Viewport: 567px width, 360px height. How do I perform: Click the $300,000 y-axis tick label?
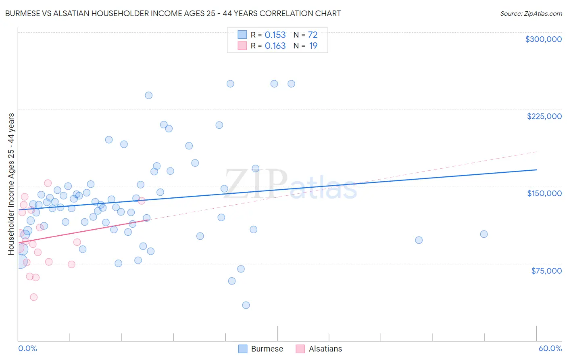click(x=543, y=39)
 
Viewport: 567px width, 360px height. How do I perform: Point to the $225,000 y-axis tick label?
click(x=544, y=116)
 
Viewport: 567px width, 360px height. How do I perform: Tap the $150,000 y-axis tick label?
click(x=544, y=193)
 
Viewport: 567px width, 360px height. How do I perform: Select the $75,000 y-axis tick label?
click(x=546, y=271)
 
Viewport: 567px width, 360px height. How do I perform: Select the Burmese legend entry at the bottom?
click(x=267, y=349)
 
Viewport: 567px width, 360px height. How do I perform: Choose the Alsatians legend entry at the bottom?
click(x=325, y=349)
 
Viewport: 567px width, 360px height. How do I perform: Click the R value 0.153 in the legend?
click(x=275, y=35)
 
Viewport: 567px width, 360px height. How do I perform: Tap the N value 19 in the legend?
click(x=313, y=46)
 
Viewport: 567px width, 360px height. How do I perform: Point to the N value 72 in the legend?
click(x=313, y=35)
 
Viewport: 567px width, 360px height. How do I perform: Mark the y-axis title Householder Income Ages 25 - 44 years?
click(x=11, y=184)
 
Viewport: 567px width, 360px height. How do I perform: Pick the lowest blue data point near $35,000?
click(x=246, y=305)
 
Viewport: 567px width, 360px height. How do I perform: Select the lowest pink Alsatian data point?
click(x=34, y=297)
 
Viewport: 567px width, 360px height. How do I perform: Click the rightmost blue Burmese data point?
click(x=484, y=234)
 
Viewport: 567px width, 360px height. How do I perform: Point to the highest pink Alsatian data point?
click(x=48, y=183)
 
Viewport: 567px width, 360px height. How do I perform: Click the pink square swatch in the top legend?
click(x=242, y=46)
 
